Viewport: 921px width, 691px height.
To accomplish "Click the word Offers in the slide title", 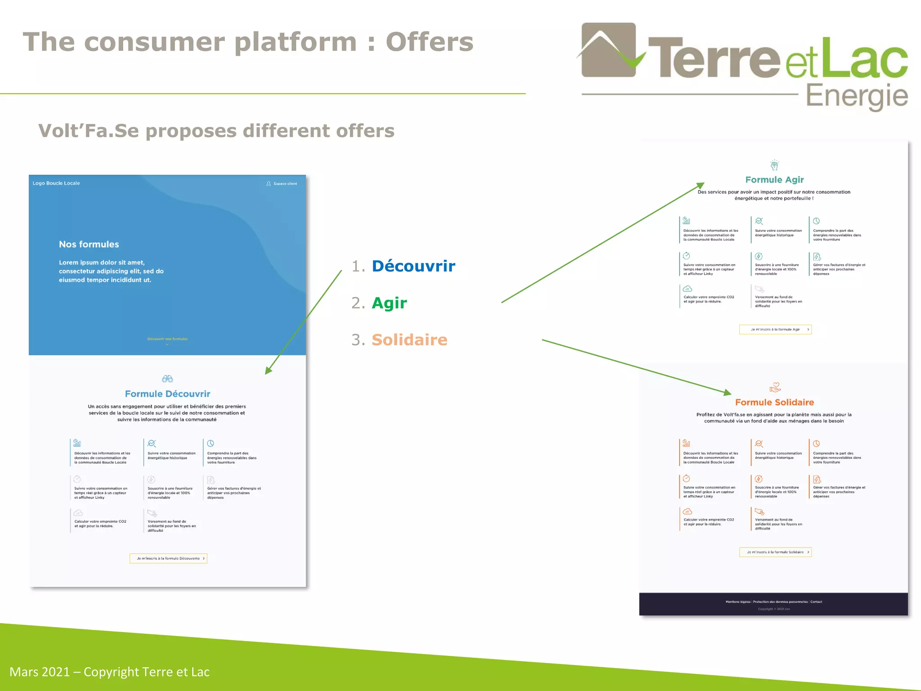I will point(429,42).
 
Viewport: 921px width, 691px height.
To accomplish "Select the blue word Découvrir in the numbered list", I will point(413,266).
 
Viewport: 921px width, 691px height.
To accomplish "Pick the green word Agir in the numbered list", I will point(389,303).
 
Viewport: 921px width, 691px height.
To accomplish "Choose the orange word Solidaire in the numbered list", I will point(409,340).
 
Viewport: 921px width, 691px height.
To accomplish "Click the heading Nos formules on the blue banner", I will point(89,244).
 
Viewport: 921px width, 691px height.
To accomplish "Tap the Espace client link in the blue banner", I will point(285,184).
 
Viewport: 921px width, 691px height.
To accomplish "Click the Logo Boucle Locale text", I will point(56,183).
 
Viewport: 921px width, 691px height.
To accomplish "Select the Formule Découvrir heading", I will point(167,394).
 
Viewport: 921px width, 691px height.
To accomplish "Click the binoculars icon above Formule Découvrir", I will point(167,379).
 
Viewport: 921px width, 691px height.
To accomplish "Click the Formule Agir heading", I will point(774,179).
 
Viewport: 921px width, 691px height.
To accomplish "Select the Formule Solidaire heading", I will point(774,402).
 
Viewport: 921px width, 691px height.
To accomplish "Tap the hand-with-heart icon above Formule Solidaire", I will point(775,387).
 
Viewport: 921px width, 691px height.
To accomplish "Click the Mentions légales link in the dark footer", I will point(738,601).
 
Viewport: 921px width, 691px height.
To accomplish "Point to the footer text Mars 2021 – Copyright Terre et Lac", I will point(109,672).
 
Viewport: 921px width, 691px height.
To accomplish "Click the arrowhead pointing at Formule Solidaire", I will point(727,392).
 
